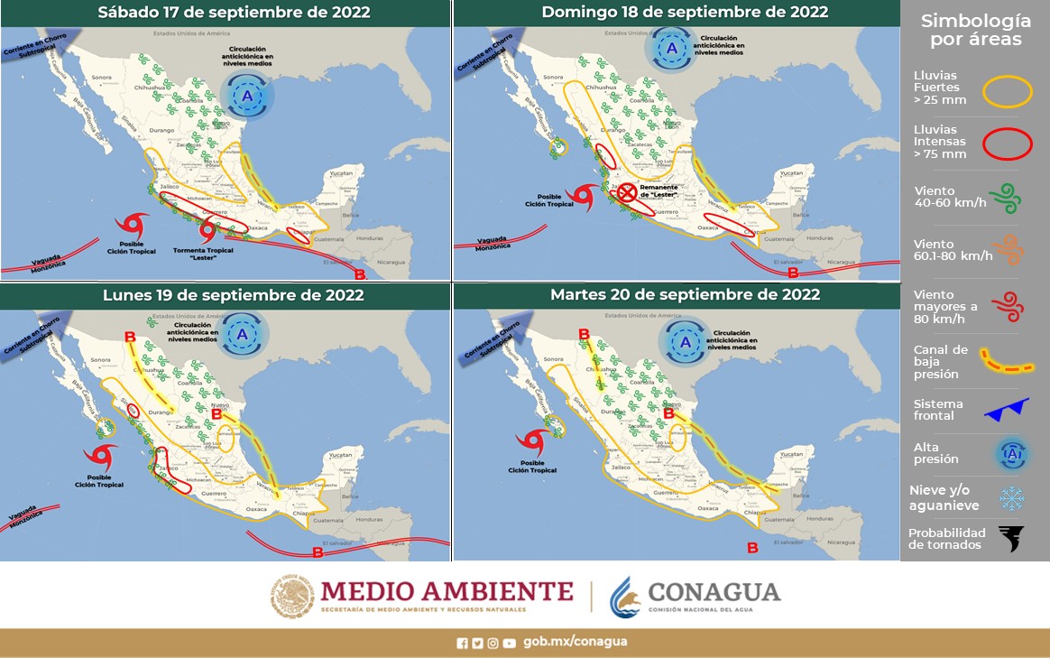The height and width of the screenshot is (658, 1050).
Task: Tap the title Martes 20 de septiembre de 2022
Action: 685,294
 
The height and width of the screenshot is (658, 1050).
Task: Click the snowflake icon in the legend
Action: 1010,498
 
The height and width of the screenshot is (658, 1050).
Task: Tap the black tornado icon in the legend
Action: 1011,539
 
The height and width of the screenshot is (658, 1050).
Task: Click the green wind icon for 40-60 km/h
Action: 1009,195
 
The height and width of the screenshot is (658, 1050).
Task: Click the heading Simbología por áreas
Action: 974,30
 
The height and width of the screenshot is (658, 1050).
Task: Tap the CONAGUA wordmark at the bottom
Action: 714,592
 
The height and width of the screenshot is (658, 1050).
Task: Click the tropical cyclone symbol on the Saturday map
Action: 134,226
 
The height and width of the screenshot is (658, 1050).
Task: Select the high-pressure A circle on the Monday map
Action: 243,334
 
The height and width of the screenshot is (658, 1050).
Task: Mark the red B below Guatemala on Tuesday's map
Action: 753,547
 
